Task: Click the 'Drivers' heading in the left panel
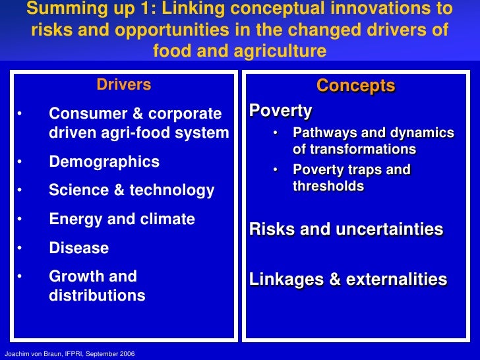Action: (124, 84)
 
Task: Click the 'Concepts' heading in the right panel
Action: (355, 86)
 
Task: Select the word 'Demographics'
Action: (104, 162)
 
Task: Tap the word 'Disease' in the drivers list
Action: (78, 249)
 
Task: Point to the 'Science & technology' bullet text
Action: (131, 191)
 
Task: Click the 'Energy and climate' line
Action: (122, 220)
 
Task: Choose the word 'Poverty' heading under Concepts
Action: (280, 110)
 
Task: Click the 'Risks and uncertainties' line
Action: (346, 229)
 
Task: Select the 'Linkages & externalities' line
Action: (348, 280)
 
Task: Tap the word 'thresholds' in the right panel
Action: (328, 187)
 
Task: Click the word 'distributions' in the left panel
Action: (97, 295)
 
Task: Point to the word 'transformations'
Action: (363, 149)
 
